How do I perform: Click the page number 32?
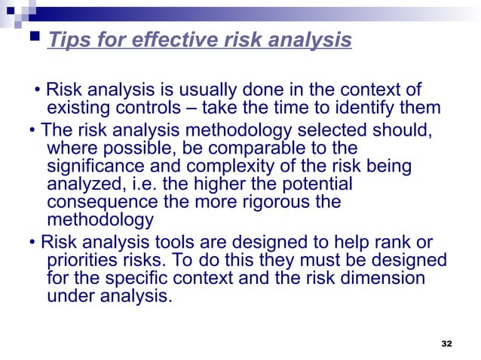[446, 343]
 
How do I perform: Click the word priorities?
[82, 261]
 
